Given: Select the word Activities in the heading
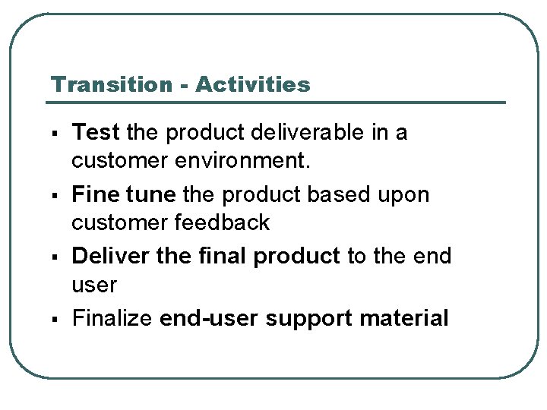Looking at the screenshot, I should [x=252, y=84].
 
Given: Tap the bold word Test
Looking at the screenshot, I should [x=96, y=133].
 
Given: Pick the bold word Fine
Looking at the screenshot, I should [x=94, y=195].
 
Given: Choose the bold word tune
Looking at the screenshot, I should [x=149, y=195].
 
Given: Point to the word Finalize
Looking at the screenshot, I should [x=112, y=318].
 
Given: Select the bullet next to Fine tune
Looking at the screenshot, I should [x=58, y=196].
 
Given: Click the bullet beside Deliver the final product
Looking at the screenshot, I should [x=58, y=257].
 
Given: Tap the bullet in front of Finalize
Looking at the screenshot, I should [x=58, y=319].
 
